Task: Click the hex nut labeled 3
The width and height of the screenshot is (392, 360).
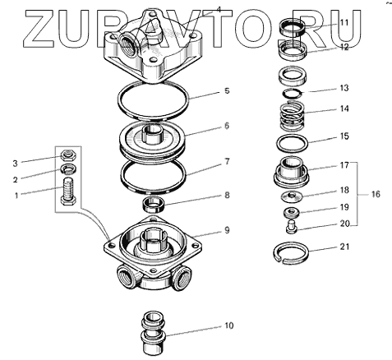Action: tap(68, 155)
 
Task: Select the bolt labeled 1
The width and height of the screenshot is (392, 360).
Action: tap(68, 191)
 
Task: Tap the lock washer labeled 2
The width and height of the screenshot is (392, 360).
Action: tap(68, 169)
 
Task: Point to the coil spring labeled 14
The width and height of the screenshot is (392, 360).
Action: tap(293, 116)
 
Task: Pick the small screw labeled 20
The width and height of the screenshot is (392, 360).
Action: tap(292, 227)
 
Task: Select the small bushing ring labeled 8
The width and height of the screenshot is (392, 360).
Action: tap(154, 204)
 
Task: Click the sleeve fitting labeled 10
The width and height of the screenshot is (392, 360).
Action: tap(154, 333)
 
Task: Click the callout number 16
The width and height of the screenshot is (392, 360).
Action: tap(376, 194)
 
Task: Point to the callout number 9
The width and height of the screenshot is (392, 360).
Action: tap(227, 230)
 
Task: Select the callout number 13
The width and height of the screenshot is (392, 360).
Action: tap(344, 88)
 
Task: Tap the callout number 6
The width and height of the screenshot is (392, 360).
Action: tap(227, 126)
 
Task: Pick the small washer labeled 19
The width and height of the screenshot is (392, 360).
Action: tap(292, 212)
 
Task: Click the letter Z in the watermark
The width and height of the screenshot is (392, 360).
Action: tap(39, 28)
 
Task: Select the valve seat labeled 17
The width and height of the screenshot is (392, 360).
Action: tap(292, 173)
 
